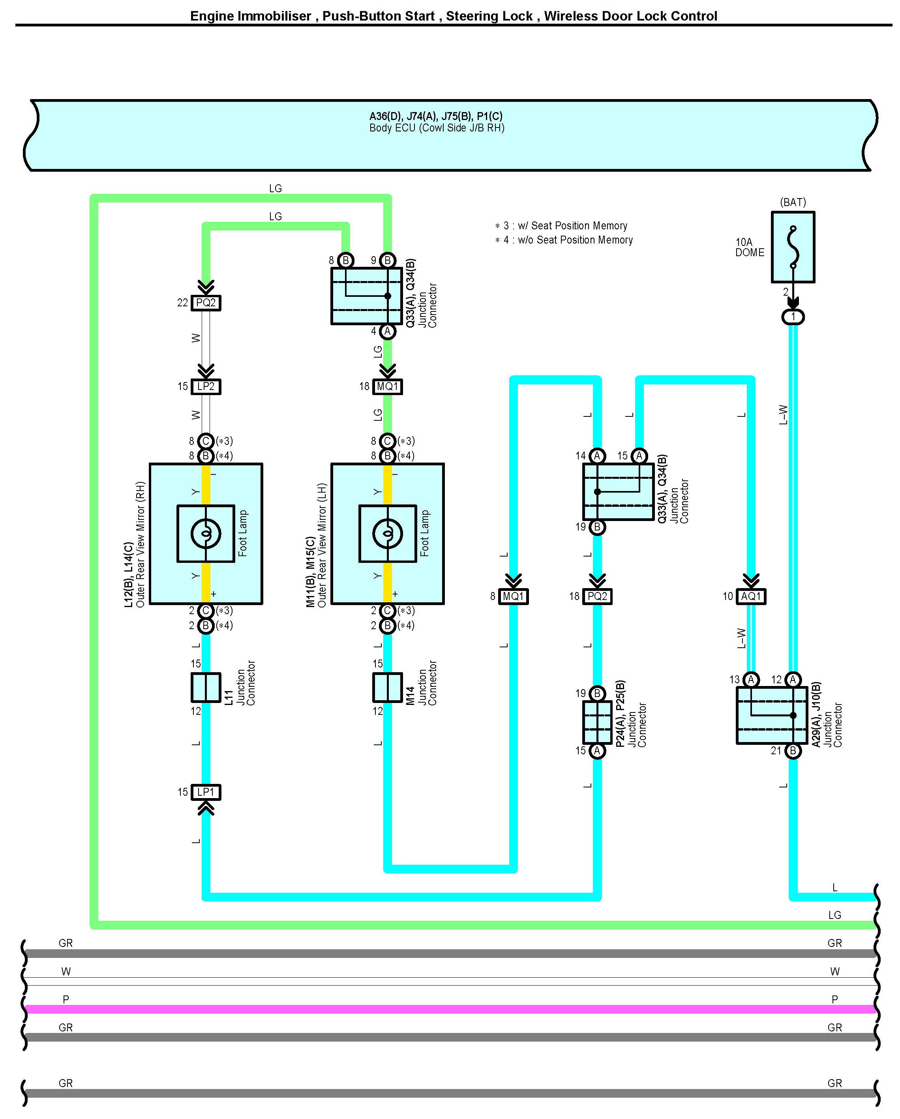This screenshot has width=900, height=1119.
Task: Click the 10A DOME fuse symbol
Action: (793, 247)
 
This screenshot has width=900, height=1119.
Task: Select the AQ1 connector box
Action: (751, 596)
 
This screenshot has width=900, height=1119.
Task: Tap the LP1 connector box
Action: (206, 792)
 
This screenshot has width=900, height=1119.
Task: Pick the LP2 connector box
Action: (206, 386)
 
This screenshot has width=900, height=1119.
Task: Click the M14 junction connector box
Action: (387, 687)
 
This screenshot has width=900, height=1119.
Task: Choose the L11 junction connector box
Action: (206, 687)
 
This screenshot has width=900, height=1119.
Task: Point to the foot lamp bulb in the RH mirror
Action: (206, 534)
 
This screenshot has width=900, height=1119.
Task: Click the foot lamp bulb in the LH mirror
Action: (387, 534)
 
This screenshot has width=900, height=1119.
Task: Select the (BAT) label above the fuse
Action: (793, 202)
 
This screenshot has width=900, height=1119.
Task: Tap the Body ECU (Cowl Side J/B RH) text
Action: (437, 127)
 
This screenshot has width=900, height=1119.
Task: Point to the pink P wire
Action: (450, 1009)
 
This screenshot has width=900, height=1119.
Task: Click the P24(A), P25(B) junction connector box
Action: (597, 722)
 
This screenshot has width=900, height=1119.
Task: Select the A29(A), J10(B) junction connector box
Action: (772, 715)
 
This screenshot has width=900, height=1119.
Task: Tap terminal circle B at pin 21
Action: (793, 750)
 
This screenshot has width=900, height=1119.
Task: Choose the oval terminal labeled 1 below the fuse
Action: (793, 317)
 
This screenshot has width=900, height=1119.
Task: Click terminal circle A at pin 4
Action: (387, 331)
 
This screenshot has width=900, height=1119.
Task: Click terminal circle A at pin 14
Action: (597, 456)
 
